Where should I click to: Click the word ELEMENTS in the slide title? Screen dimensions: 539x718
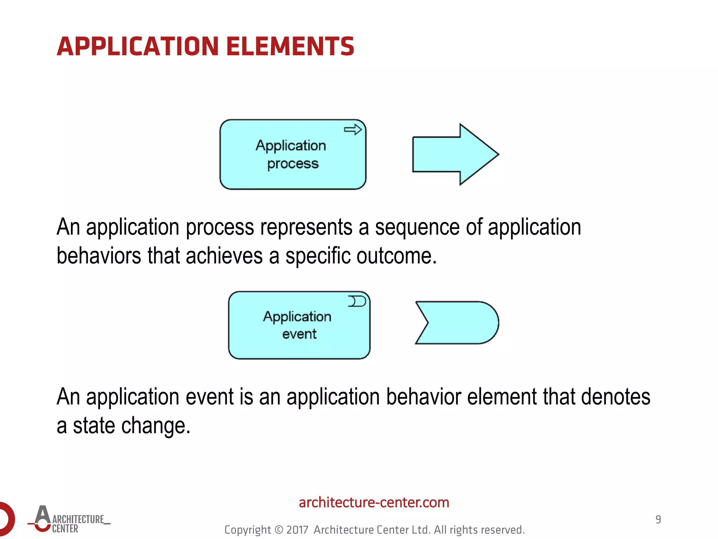[290, 46]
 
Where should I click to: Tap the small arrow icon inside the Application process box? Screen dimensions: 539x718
[352, 129]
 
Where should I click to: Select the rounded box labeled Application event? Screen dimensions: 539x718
[299, 346]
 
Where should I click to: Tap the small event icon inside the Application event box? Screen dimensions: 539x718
[357, 301]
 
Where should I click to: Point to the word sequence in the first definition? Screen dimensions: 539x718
[417, 227]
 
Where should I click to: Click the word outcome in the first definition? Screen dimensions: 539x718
[396, 256]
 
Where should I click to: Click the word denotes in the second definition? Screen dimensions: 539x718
[615, 397]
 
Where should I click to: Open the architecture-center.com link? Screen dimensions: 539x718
[374, 503]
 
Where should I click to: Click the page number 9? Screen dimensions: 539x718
[658, 519]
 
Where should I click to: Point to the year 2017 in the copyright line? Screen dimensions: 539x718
[297, 530]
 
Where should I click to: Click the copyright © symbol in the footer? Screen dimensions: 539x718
[278, 530]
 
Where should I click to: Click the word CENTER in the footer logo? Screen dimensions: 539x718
[65, 529]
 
